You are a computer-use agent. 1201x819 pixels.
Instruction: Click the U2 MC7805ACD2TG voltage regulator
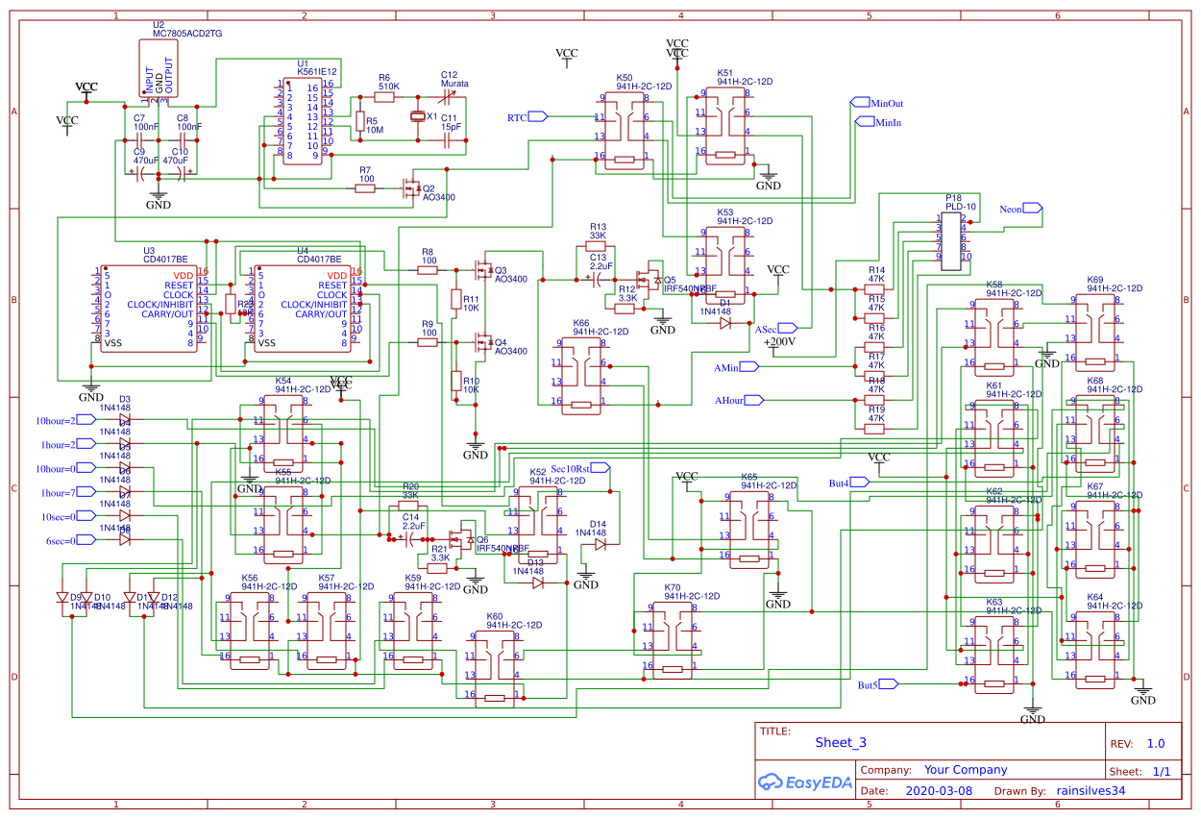coord(159,70)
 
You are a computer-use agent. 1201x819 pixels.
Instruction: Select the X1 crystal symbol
coord(417,116)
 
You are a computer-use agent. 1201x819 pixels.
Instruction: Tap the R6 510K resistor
coord(387,97)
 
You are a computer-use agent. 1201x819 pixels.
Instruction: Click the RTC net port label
coord(527,116)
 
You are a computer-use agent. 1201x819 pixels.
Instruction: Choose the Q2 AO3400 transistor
coord(410,188)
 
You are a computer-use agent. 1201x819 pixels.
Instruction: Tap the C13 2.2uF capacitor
coord(597,279)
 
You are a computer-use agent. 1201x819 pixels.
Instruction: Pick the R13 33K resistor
coord(597,246)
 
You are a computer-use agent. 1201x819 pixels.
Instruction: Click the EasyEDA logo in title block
coord(805,782)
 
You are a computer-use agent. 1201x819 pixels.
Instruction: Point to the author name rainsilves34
coord(1091,791)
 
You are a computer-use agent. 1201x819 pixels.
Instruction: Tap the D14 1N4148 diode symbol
coord(600,544)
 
